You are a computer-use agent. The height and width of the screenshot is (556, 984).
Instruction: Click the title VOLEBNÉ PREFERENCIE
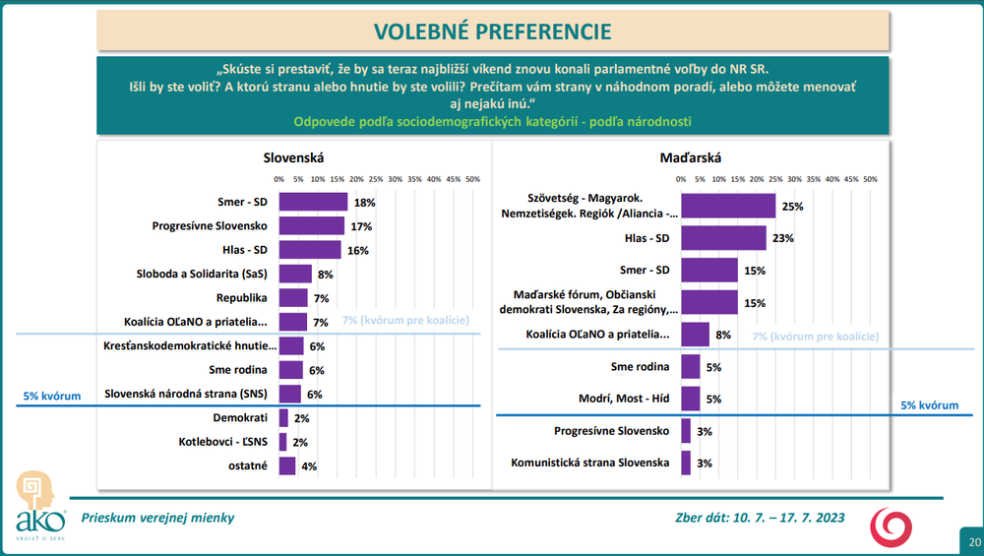tap(492, 30)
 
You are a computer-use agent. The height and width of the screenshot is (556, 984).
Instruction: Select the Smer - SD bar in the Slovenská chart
tap(313, 202)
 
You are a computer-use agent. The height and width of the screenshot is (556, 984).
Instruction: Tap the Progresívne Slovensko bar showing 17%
tap(311, 226)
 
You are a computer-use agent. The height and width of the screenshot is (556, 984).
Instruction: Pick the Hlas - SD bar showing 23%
tap(723, 238)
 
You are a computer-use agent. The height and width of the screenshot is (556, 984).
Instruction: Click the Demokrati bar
tap(283, 417)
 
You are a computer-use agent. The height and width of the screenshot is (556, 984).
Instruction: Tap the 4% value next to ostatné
tap(309, 465)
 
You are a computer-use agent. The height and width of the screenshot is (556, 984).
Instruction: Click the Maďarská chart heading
tap(691, 156)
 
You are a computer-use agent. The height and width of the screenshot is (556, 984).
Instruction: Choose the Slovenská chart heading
tap(293, 156)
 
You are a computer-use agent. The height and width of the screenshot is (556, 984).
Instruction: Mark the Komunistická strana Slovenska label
tap(590, 463)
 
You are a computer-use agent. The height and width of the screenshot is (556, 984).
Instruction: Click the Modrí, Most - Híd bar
tap(690, 399)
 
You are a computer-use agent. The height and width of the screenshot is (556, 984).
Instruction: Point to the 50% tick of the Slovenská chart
tap(472, 179)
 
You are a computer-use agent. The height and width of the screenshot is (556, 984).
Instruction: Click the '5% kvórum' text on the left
tap(50, 396)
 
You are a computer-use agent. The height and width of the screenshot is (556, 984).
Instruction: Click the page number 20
tap(973, 542)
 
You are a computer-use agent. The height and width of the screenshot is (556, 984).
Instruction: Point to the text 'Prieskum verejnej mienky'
tap(158, 518)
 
